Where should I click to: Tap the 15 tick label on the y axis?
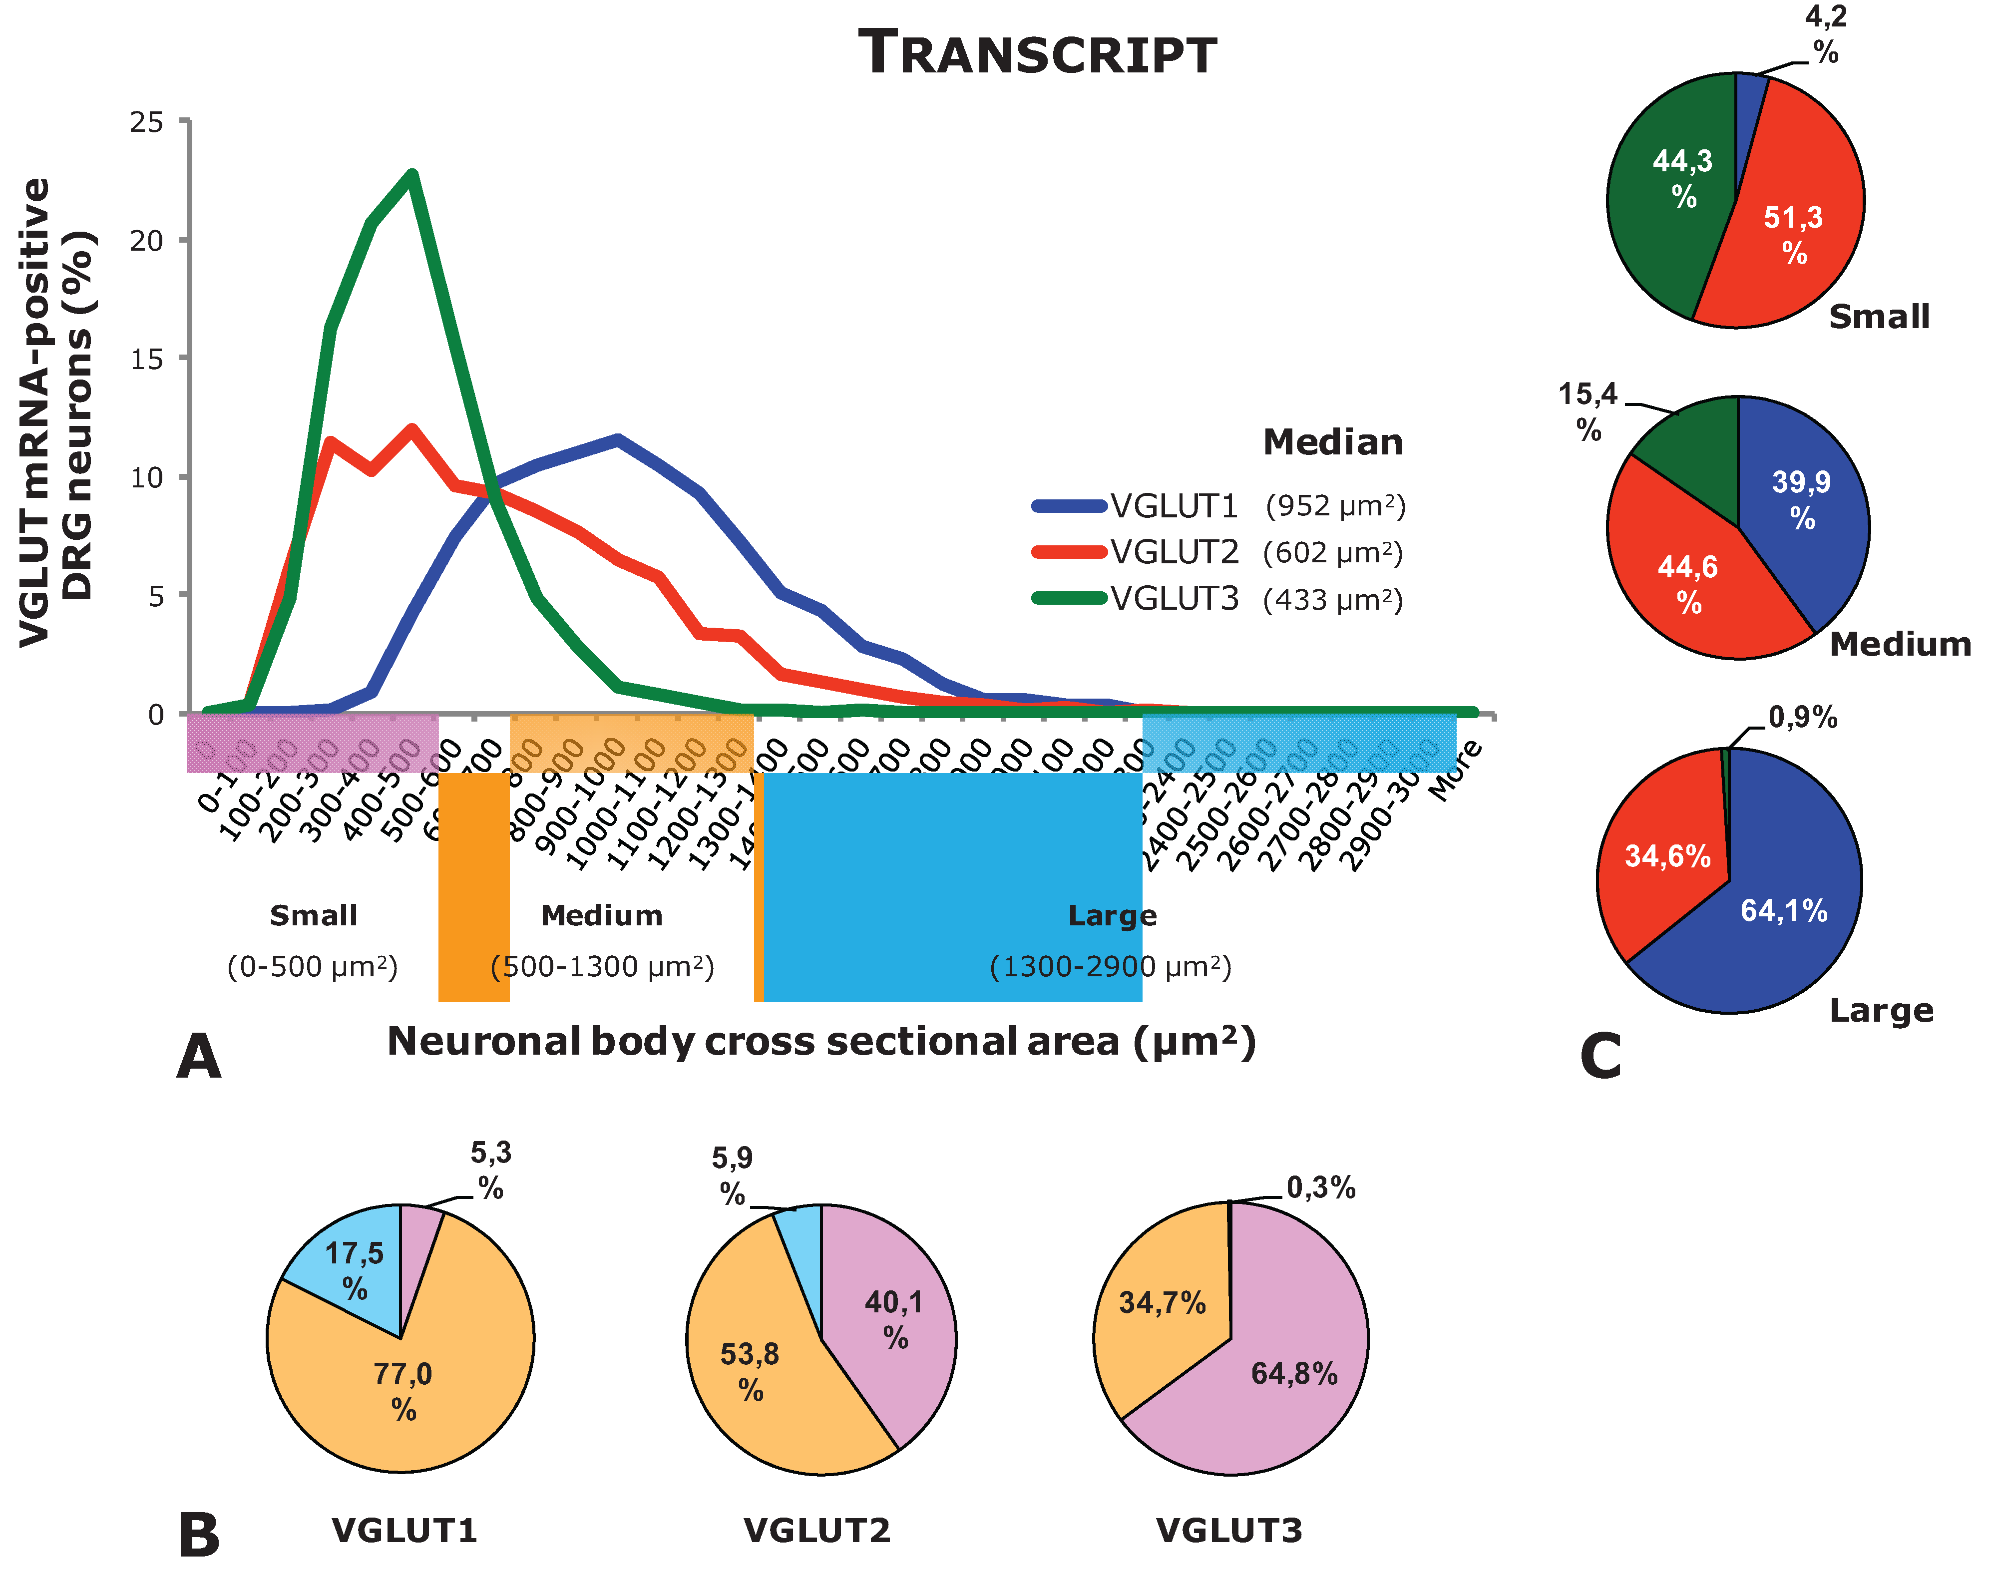[147, 359]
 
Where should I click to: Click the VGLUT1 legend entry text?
[1173, 506]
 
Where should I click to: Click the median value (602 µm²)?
[1333, 553]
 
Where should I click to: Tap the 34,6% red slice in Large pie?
[1666, 856]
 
